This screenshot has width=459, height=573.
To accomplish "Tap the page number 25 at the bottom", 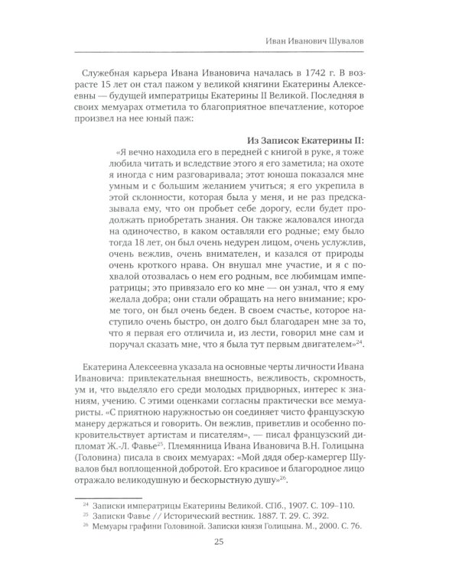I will click(x=230, y=542).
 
